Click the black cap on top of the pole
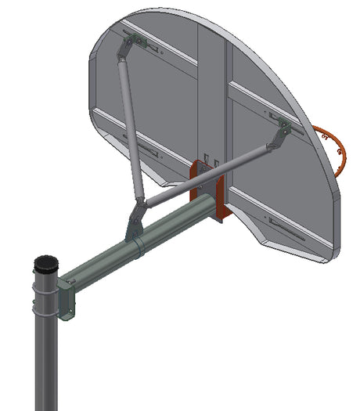(45, 262)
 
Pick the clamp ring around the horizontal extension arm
(139, 248)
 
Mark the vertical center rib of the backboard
(211, 94)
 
